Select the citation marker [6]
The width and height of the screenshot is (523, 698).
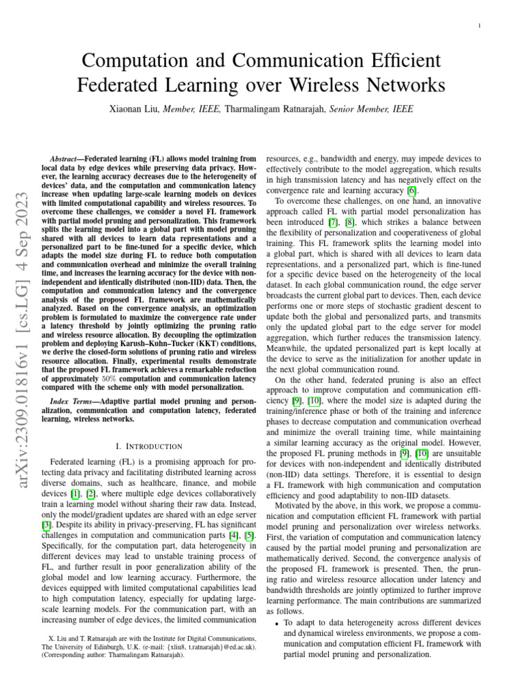click(x=411, y=190)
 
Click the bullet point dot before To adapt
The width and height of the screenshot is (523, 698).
click(x=276, y=623)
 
